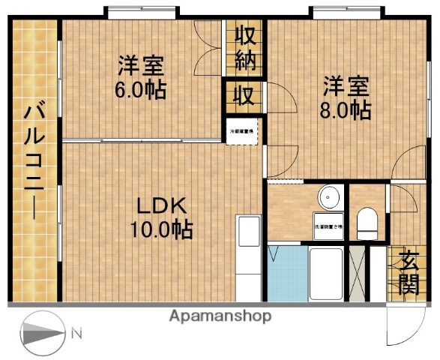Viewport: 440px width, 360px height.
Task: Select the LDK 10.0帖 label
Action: click(163, 216)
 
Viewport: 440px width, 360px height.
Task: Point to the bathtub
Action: click(326, 274)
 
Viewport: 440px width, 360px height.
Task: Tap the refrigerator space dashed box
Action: click(242, 131)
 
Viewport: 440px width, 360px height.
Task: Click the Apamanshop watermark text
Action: click(220, 316)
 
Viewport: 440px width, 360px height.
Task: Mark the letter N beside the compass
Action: click(76, 331)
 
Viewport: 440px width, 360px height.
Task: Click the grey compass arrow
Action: click(43, 331)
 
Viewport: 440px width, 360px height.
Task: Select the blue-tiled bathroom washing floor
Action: click(287, 274)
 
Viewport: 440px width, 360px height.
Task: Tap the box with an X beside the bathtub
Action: click(360, 274)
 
